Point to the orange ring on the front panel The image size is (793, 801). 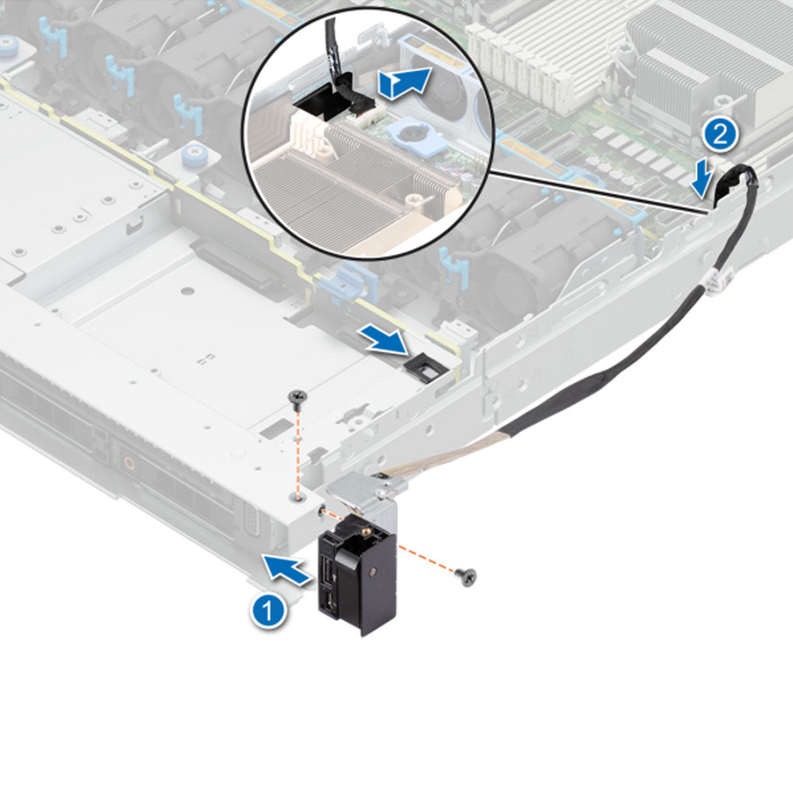(129, 465)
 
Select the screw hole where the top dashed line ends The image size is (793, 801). (297, 499)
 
